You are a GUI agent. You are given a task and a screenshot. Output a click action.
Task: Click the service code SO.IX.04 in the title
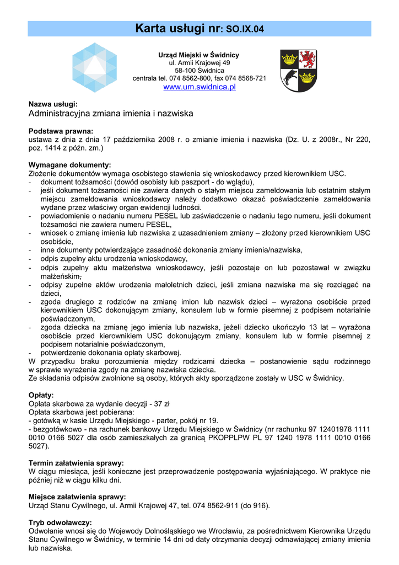[x=241, y=28]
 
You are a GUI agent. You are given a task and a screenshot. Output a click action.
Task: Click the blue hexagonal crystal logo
[x=95, y=67]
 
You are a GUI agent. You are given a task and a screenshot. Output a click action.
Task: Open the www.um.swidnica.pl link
[x=199, y=87]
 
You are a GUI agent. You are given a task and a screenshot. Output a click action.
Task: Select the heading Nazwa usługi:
[x=53, y=104]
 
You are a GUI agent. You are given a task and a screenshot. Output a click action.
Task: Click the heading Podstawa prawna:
[x=61, y=131]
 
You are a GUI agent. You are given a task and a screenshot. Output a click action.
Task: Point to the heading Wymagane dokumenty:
[x=69, y=165]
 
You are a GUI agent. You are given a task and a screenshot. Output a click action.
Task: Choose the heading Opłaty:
[x=41, y=395]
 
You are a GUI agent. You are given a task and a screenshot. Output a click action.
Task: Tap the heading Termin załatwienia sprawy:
[x=76, y=462]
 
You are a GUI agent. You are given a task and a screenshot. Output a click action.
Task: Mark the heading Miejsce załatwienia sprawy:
[x=77, y=497]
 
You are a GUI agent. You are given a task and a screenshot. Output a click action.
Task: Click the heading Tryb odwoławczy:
[x=60, y=522]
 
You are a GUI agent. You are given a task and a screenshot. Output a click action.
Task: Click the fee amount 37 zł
[x=161, y=404]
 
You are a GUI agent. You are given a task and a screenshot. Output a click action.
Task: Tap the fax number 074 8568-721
[x=245, y=78]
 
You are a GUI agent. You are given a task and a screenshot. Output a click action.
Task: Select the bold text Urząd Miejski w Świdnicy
[x=199, y=55]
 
